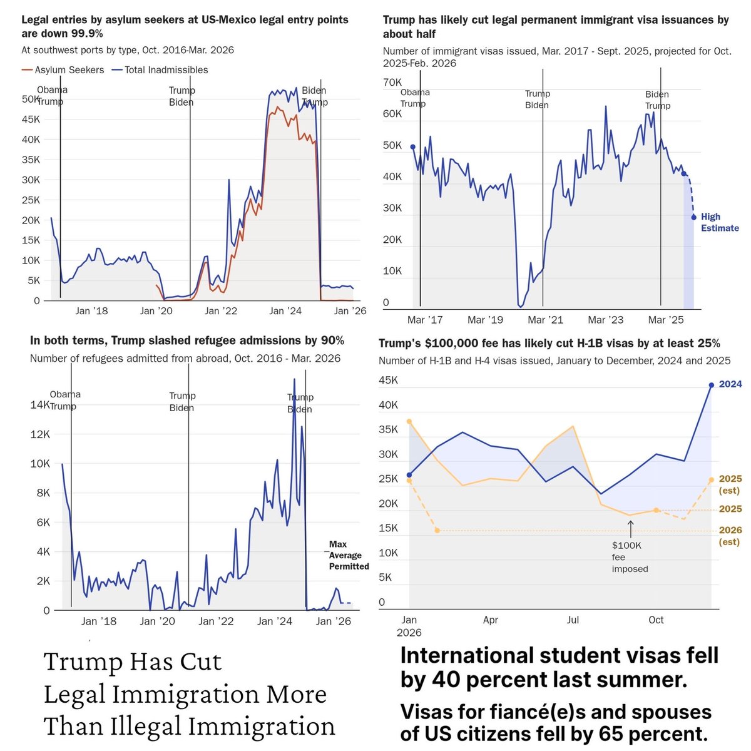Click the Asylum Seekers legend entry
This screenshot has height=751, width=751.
pos(69,70)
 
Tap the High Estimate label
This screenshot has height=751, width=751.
pos(719,222)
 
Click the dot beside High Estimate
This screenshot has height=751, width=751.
pos(693,218)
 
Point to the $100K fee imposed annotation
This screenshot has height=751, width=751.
pos(630,557)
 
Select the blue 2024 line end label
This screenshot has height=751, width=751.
pos(730,384)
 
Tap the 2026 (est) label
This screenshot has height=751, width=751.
pos(730,536)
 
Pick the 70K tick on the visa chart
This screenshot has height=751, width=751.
pos(392,83)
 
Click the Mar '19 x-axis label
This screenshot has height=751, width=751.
pos(485,320)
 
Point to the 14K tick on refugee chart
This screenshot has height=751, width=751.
pos(40,405)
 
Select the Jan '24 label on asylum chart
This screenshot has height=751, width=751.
pos(285,311)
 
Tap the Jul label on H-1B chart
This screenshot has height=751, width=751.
pos(573,620)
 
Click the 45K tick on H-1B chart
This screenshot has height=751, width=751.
pos(388,381)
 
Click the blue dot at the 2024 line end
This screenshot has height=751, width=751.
pos(712,386)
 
